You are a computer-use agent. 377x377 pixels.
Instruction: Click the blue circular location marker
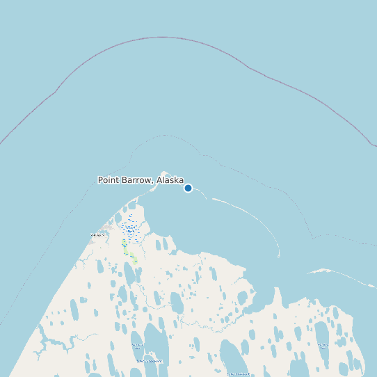coord(188,188)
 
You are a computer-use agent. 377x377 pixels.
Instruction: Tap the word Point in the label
coord(109,180)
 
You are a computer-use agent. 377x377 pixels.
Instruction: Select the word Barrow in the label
coord(138,180)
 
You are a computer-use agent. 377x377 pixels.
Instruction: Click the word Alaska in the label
coord(170,180)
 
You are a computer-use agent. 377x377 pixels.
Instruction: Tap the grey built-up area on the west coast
coord(106,228)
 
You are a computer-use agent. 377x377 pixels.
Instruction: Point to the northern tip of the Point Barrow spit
coord(164,173)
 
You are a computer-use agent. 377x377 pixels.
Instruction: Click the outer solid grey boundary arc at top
coord(162,37)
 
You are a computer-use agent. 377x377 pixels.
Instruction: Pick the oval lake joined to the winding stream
coord(100,266)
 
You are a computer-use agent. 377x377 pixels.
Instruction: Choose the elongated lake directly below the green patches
coord(130,274)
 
